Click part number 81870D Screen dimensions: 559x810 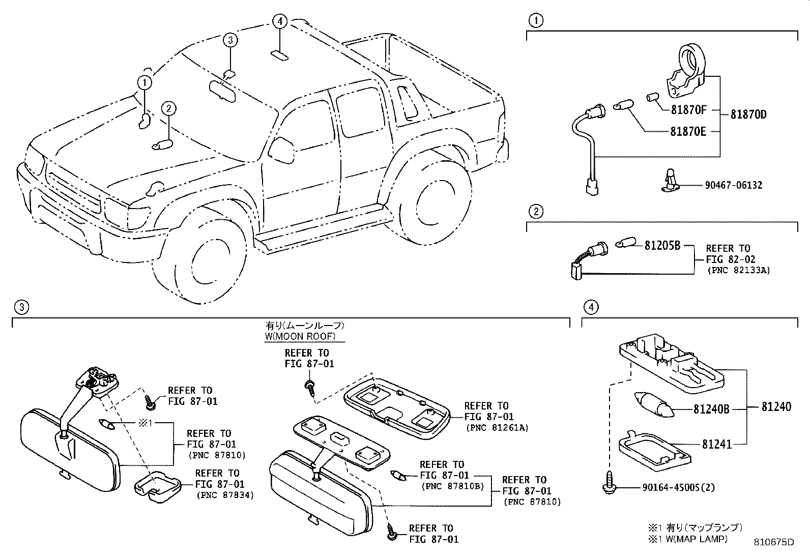click(x=748, y=114)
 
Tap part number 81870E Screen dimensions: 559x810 click(x=688, y=132)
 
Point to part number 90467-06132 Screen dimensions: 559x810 click(x=733, y=185)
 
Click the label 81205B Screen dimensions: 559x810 click(x=662, y=245)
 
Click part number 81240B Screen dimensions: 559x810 click(x=711, y=408)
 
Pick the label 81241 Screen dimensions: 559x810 click(x=716, y=445)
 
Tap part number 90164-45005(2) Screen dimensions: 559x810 click(x=678, y=487)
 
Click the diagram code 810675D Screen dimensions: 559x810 click(x=774, y=541)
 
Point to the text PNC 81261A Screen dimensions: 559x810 click(x=497, y=428)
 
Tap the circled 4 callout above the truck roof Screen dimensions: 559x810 click(x=279, y=21)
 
